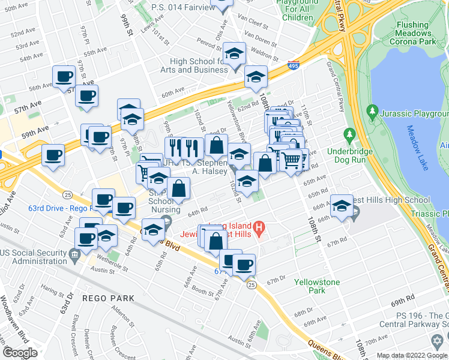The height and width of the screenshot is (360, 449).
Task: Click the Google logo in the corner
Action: click(x=20, y=353)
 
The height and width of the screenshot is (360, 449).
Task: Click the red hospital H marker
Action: click(x=259, y=227)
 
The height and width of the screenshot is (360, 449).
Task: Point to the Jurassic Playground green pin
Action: click(x=373, y=112)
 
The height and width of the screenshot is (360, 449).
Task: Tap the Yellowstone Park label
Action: click(x=317, y=286)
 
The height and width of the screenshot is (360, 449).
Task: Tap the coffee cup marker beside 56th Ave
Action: click(x=64, y=77)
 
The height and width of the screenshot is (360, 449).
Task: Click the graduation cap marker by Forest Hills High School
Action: click(x=342, y=205)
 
